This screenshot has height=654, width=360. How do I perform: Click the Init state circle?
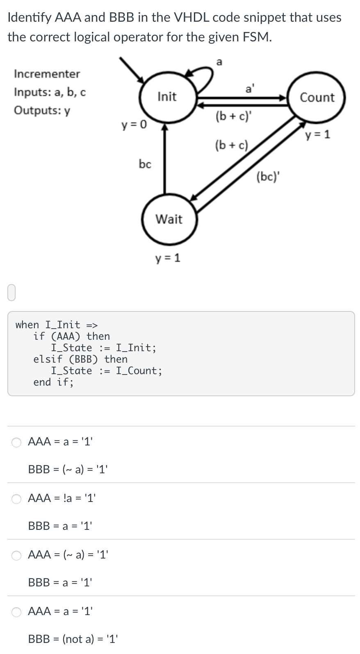click(x=167, y=97)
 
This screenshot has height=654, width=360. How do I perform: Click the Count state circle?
click(x=317, y=98)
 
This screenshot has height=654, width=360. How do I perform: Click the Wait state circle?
click(x=169, y=219)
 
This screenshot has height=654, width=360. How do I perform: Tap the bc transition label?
click(x=145, y=164)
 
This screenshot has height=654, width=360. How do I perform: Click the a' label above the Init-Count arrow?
click(x=249, y=89)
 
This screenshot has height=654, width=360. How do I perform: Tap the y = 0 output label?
click(x=134, y=125)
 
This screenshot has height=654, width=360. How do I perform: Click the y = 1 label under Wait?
click(x=167, y=258)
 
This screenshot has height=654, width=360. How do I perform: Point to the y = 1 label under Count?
click(x=317, y=134)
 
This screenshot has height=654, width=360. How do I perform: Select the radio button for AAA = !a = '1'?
click(x=16, y=499)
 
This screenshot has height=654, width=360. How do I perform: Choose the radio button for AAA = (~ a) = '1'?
click(x=16, y=555)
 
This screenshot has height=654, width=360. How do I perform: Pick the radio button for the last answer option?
click(x=16, y=612)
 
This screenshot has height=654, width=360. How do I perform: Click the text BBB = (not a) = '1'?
click(x=73, y=639)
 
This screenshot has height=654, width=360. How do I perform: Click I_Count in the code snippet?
click(x=139, y=371)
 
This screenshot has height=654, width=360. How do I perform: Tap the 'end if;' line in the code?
click(x=53, y=382)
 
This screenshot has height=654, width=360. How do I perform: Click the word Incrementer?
click(x=47, y=74)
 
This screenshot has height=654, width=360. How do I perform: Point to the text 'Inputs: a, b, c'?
click(x=50, y=92)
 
